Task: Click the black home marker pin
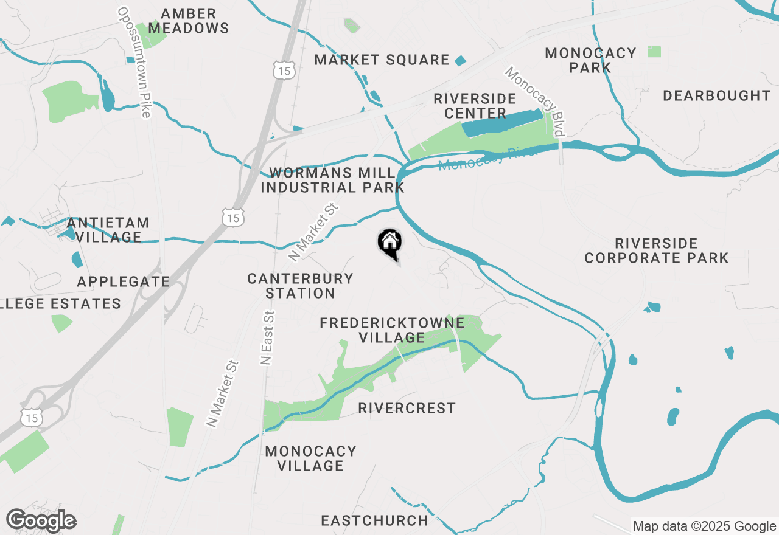click(390, 244)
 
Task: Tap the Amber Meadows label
click(189, 21)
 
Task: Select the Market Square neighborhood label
click(382, 60)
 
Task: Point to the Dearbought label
click(716, 95)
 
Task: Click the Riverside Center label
click(475, 106)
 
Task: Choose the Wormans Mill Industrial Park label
click(332, 180)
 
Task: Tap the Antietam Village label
click(108, 230)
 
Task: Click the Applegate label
click(124, 281)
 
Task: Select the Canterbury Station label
click(300, 286)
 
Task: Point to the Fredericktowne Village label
click(392, 330)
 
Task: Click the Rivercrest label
click(407, 408)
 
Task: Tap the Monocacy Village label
click(310, 458)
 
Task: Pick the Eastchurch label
click(374, 520)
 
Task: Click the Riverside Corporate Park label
click(656, 250)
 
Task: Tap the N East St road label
click(266, 337)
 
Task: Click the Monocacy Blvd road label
click(536, 102)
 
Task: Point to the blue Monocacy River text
click(487, 159)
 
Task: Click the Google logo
click(41, 520)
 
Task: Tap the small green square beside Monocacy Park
click(654, 52)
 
